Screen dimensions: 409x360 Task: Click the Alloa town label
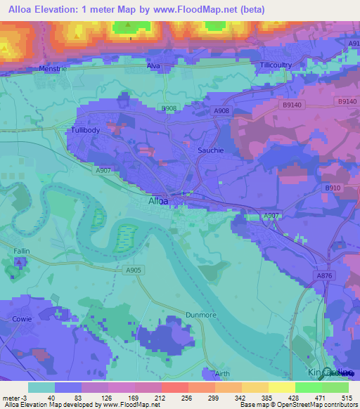point(159,201)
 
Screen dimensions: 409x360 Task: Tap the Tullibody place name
point(86,131)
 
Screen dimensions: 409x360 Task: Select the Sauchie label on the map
point(210,150)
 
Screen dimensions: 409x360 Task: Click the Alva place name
point(154,66)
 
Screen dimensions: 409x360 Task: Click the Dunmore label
point(200,315)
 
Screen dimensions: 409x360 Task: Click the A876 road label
point(324,275)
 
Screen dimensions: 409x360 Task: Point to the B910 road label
point(332,188)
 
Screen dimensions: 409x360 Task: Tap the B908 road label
point(169,108)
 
